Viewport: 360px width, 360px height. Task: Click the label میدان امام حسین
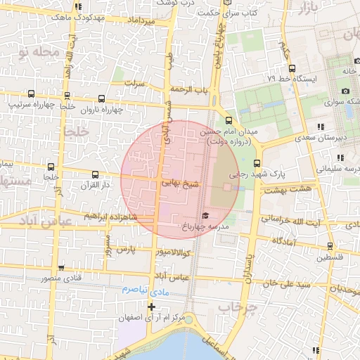pos(228,131)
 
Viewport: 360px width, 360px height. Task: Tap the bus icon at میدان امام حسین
pos(228,120)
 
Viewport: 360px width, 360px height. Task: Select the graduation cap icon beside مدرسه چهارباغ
pos(205,215)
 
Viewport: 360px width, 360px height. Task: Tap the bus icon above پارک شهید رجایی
pos(256,164)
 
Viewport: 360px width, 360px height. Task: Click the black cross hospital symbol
pos(151,307)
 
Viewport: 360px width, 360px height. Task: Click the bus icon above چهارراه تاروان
pos(103,98)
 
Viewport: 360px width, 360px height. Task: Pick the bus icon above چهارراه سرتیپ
pos(31,94)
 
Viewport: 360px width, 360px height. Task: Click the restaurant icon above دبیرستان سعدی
pos(321,127)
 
